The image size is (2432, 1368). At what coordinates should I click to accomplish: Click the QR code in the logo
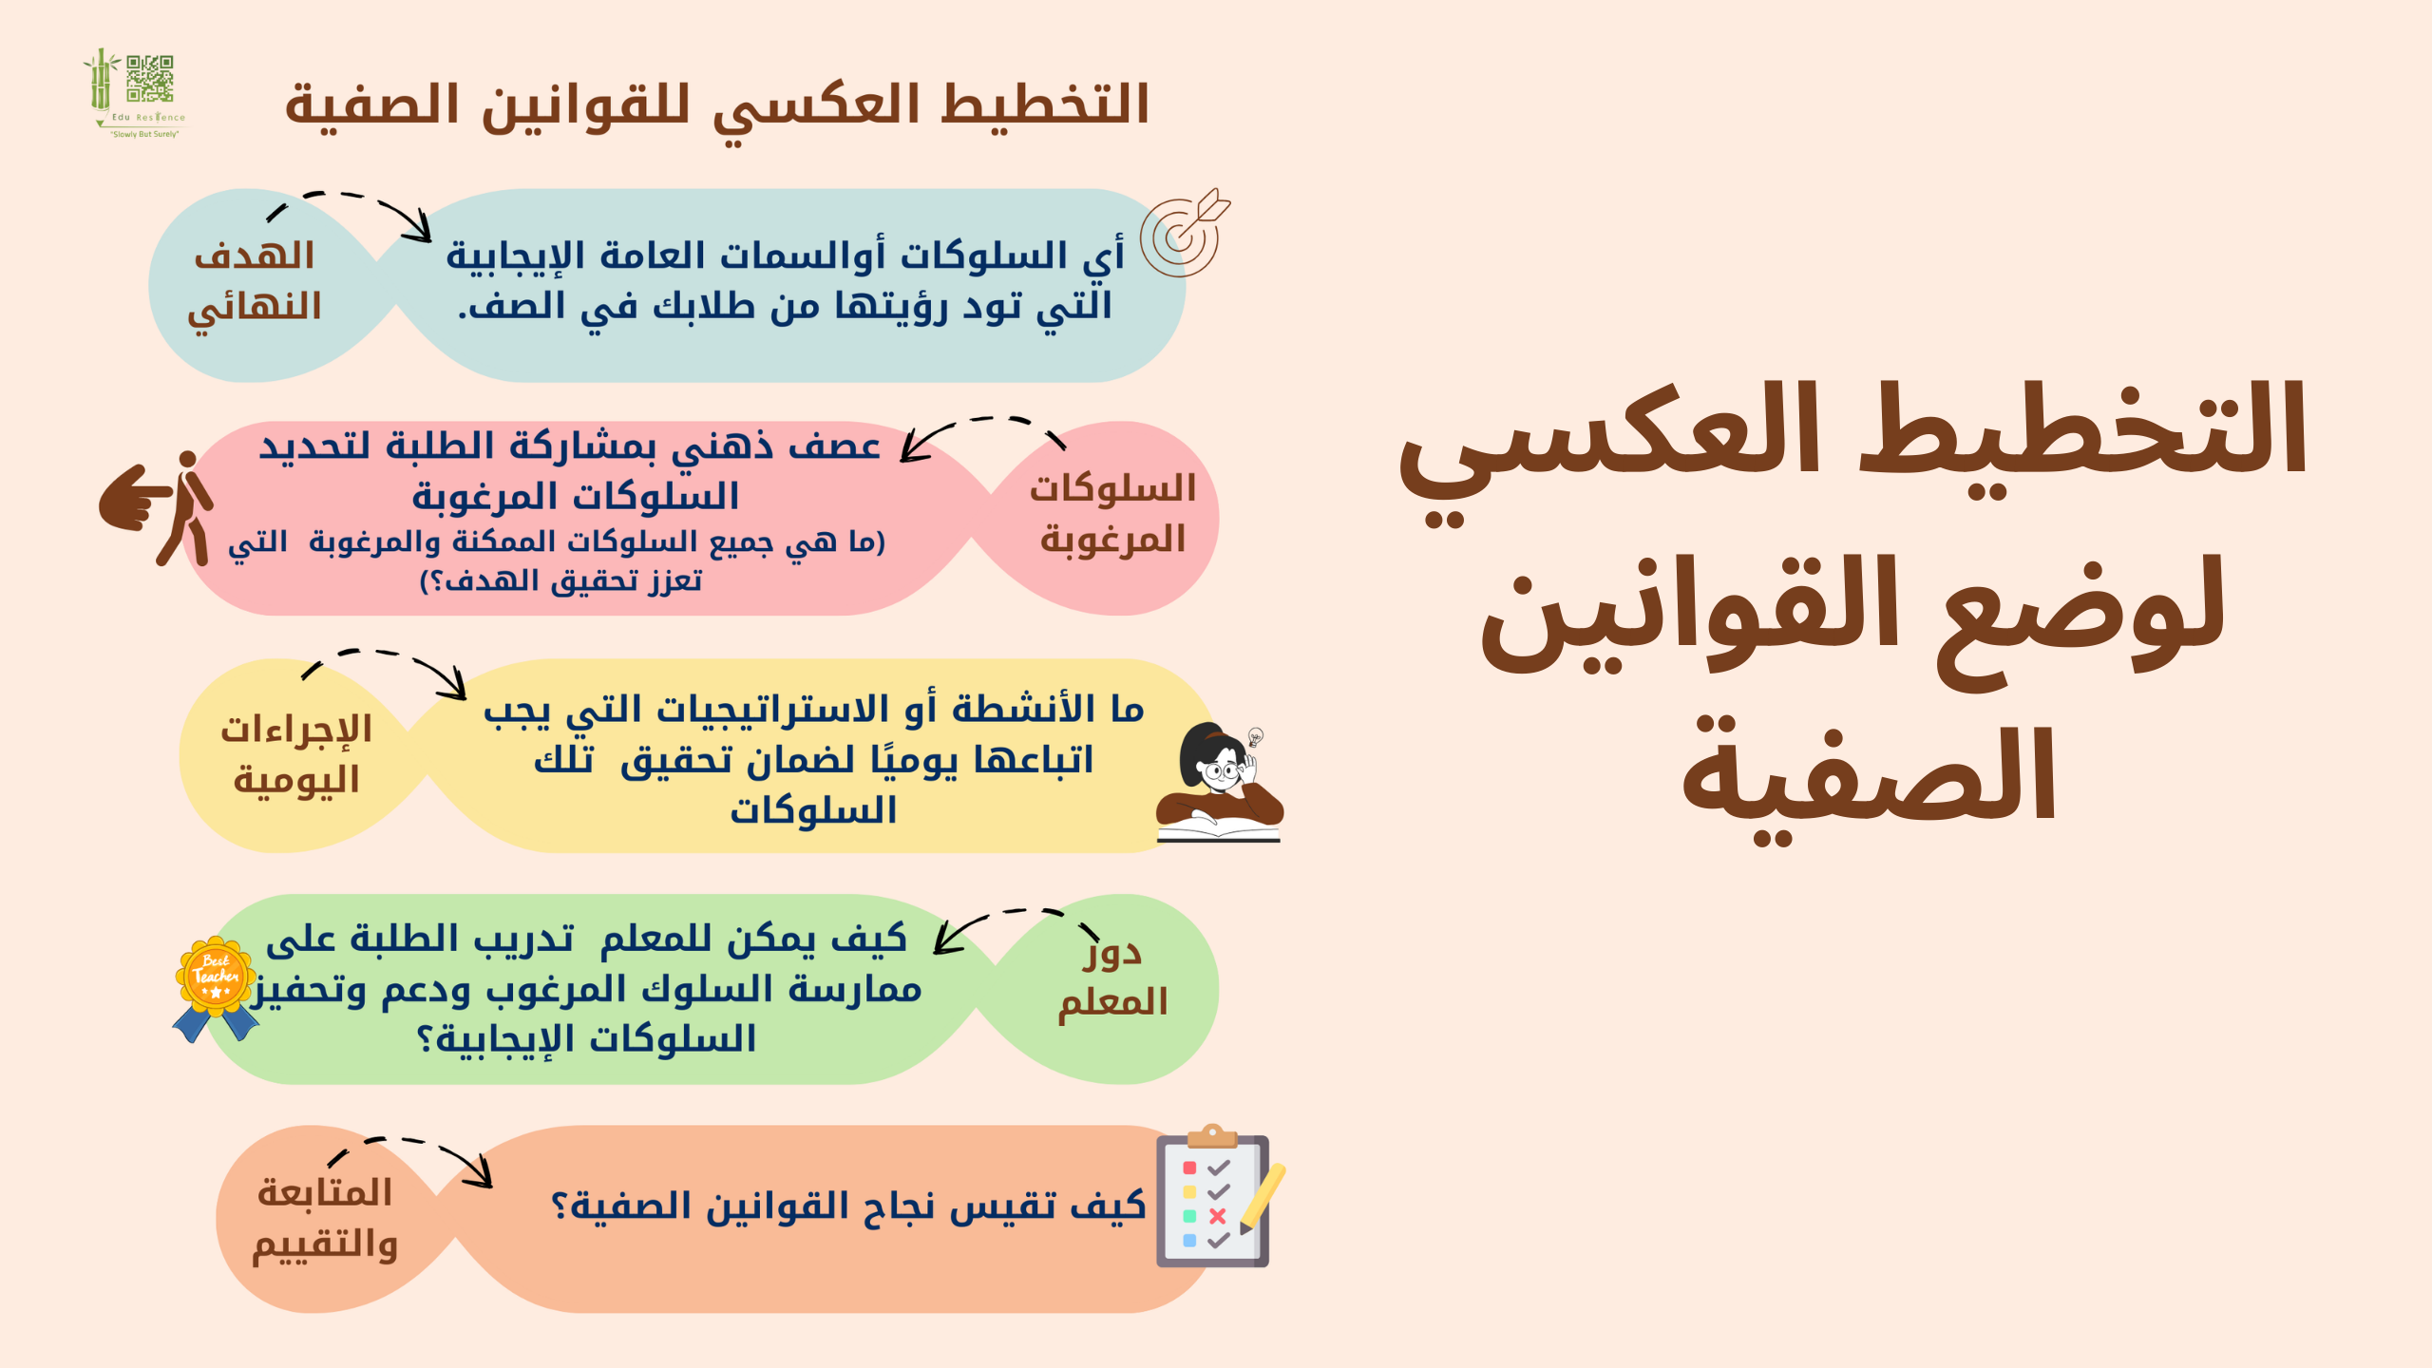click(150, 78)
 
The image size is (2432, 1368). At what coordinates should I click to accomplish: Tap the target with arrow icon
click(1185, 233)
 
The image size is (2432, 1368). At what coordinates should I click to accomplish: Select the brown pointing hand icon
click(135, 496)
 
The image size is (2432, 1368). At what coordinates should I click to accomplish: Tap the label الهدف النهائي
click(255, 282)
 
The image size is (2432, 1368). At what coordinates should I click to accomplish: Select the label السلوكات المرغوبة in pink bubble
click(1112, 514)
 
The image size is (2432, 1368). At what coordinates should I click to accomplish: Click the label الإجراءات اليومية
click(296, 755)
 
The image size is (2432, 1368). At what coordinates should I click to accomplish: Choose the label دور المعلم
click(1112, 978)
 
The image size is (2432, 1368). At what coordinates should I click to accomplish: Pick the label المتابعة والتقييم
click(325, 1219)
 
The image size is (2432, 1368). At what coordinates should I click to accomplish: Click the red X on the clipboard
click(1217, 1216)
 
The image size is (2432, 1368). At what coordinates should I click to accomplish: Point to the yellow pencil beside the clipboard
click(1262, 1199)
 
